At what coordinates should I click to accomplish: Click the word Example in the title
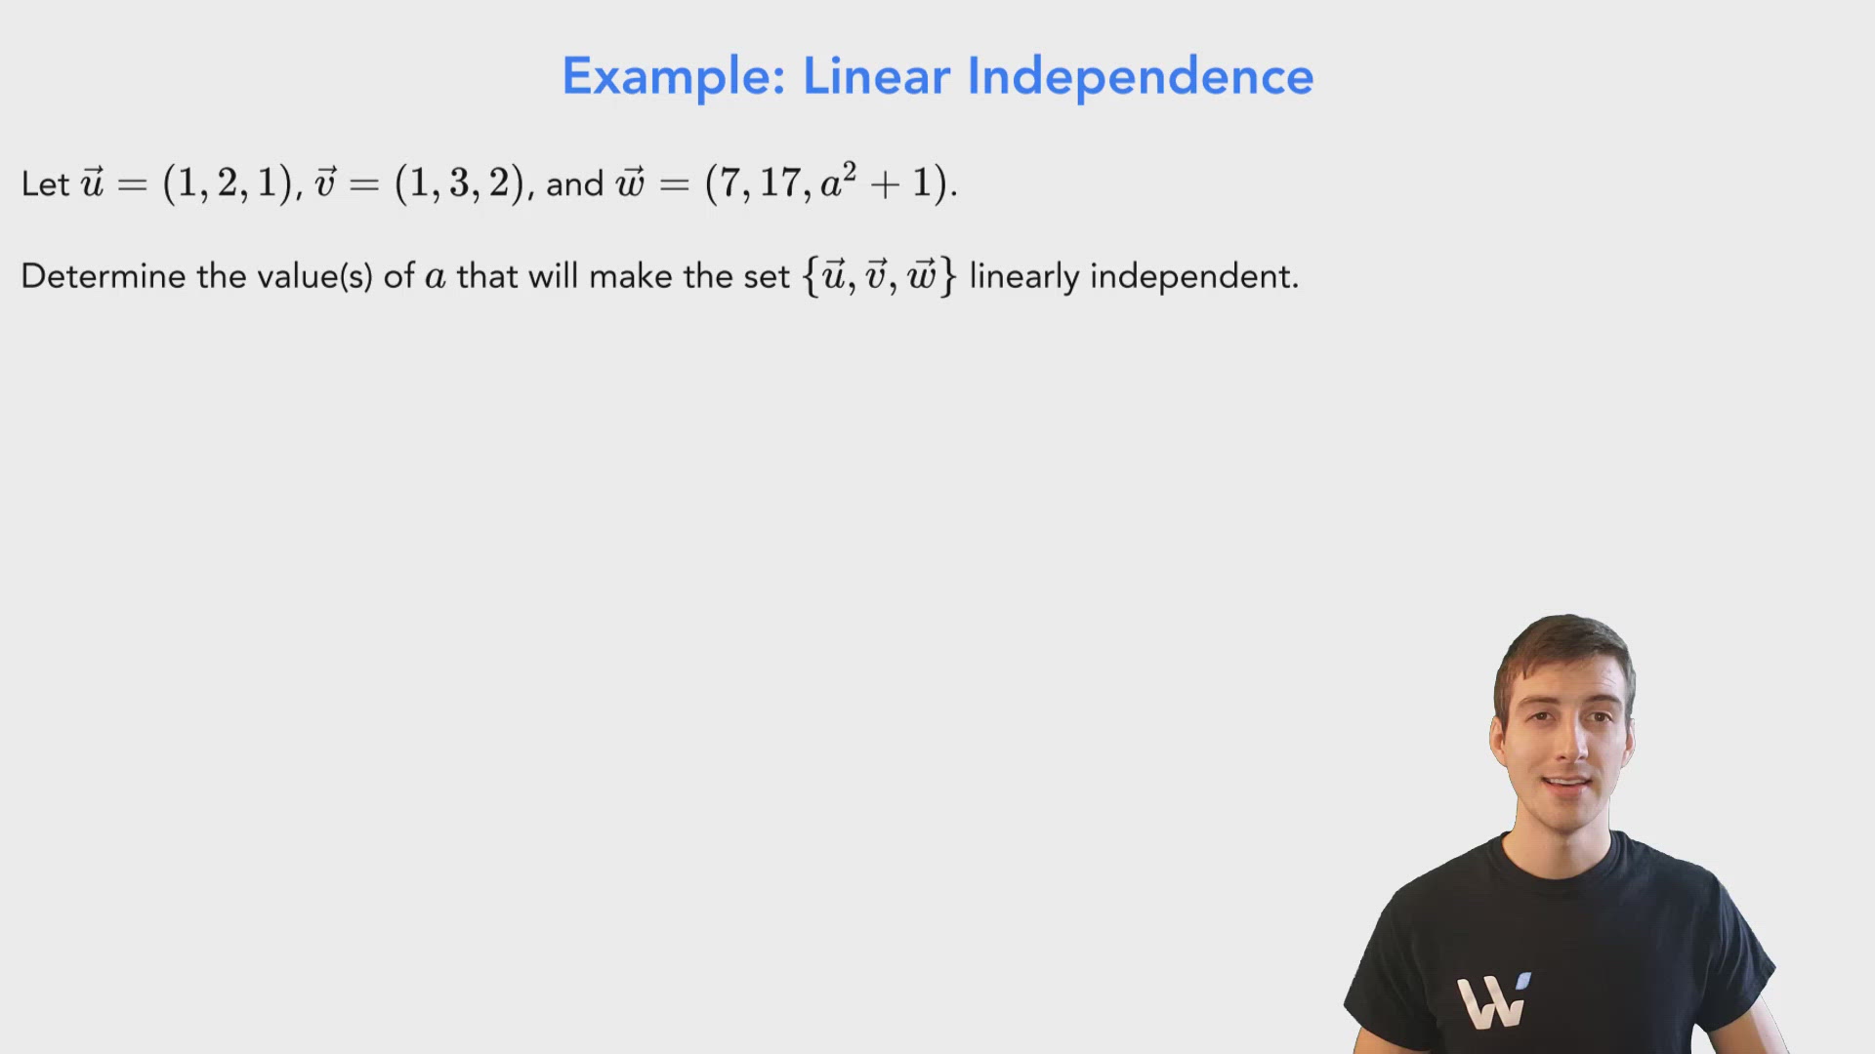click(673, 77)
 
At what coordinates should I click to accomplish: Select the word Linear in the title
click(876, 77)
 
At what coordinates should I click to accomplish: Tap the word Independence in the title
click(1140, 77)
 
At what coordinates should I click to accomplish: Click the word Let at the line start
click(45, 184)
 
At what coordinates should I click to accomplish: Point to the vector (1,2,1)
click(228, 182)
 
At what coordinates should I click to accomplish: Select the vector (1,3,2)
click(459, 182)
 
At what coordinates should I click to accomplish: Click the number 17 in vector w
click(780, 182)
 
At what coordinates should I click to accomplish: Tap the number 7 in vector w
click(729, 182)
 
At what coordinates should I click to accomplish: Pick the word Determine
click(103, 276)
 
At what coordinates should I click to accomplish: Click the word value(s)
click(314, 276)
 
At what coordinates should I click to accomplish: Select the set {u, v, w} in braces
click(879, 276)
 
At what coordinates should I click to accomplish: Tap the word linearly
click(1024, 276)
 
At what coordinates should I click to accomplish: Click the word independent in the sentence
click(1193, 276)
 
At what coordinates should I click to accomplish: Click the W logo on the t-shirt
click(1492, 1000)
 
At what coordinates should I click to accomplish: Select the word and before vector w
click(575, 184)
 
